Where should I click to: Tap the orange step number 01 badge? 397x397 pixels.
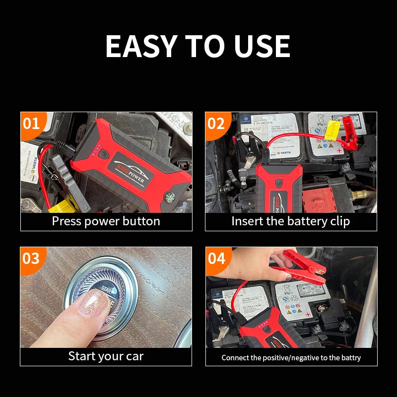(x=31, y=123)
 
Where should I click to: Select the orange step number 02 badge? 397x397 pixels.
(x=216, y=123)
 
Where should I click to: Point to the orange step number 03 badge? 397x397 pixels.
(x=31, y=258)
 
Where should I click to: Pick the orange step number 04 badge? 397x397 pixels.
(x=216, y=258)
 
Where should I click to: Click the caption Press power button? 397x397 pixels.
(x=106, y=221)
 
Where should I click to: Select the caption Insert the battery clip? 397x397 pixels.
(x=291, y=221)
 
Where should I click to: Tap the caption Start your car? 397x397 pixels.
(x=106, y=356)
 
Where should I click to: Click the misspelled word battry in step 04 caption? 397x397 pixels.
(x=350, y=357)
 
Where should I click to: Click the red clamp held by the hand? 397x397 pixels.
(x=303, y=268)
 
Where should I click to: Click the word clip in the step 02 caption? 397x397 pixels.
(x=337, y=221)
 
